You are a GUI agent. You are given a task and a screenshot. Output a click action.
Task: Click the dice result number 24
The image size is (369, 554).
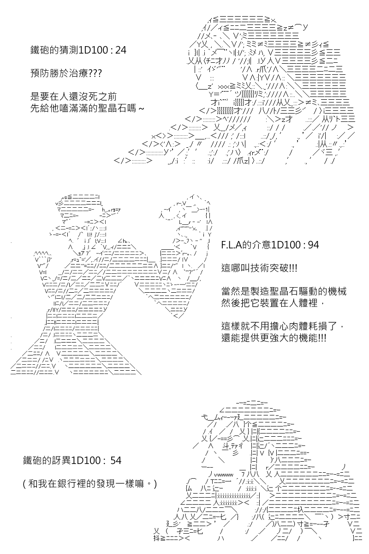click(121, 50)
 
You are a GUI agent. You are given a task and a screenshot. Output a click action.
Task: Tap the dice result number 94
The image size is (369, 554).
click(313, 245)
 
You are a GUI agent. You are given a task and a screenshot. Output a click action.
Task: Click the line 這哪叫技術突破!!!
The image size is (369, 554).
click(259, 268)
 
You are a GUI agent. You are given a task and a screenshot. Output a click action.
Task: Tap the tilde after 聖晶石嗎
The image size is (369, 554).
click(140, 108)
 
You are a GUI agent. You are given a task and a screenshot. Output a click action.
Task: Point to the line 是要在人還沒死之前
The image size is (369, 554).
click(73, 96)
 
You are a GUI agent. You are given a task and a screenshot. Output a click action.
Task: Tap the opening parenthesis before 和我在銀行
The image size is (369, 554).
click(24, 484)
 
